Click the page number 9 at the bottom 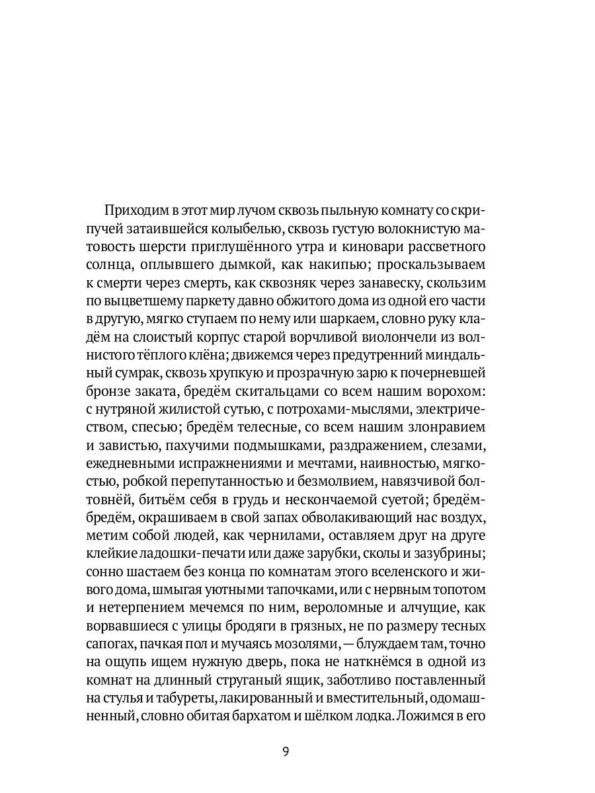[286, 752]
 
